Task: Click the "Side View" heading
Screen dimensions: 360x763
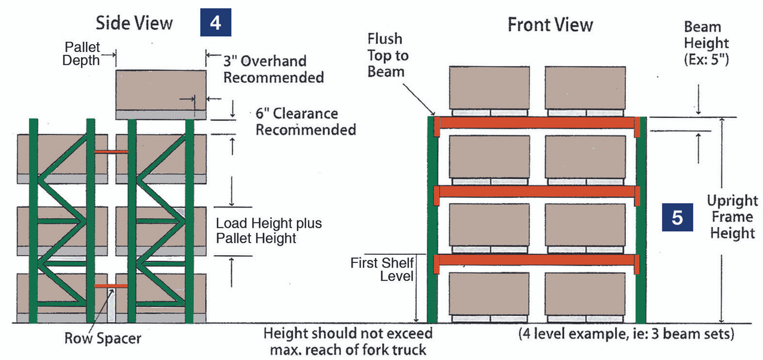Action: coord(134,23)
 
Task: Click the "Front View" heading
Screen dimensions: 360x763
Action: coord(550,25)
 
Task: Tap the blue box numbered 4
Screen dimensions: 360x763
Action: coord(215,23)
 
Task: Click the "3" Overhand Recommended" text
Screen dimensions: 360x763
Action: coord(273,69)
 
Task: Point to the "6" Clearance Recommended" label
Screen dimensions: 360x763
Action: coord(305,122)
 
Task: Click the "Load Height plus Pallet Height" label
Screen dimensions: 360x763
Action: coord(268,231)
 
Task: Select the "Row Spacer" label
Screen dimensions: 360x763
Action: coord(103,339)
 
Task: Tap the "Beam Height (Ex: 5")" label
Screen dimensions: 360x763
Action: coord(706,43)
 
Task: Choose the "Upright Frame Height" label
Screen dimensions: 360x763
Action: coord(732,216)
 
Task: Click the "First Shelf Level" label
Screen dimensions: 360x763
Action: coord(382,269)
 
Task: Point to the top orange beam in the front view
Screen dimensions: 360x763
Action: coord(536,123)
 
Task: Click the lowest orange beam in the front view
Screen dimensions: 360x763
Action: coord(536,260)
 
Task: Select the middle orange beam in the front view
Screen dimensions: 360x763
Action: coord(536,191)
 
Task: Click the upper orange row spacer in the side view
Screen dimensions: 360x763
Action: coord(111,151)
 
